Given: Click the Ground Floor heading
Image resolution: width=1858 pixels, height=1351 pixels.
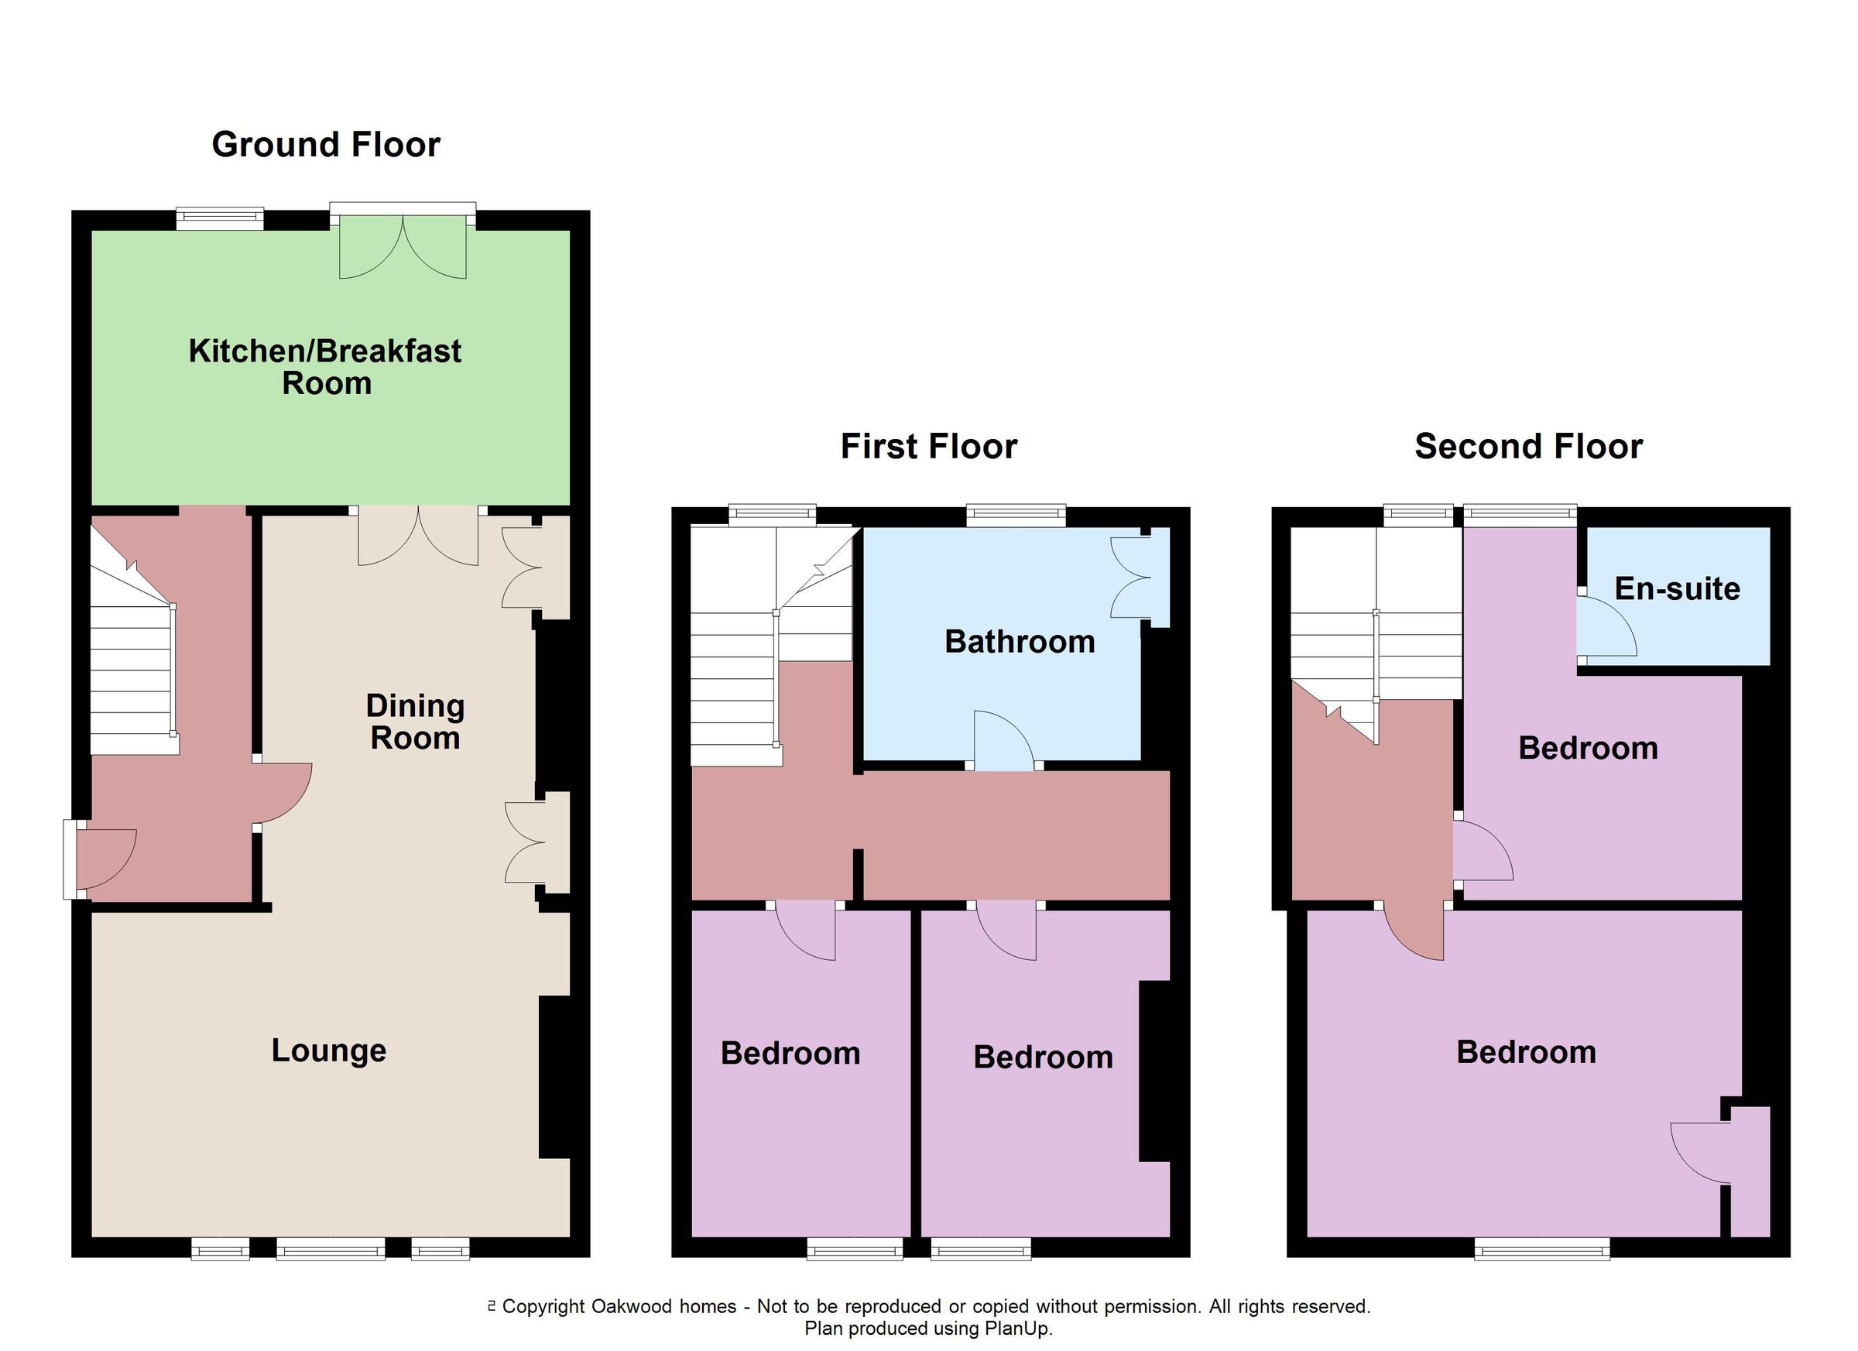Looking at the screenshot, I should (325, 145).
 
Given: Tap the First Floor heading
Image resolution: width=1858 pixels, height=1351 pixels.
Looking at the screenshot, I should (928, 447).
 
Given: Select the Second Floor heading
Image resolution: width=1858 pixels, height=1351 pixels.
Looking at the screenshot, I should (1528, 447).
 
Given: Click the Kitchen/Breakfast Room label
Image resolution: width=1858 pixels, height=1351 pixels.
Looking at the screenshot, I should (325, 367).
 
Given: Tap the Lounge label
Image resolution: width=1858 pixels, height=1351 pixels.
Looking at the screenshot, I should (328, 1051).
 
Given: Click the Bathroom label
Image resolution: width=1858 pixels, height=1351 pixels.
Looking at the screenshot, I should (1019, 642).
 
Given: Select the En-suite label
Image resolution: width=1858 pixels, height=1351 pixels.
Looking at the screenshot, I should (1677, 589).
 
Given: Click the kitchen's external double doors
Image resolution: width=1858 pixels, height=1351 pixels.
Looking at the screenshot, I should (403, 245).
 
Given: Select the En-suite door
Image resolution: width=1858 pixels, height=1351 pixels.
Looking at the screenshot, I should (1606, 628).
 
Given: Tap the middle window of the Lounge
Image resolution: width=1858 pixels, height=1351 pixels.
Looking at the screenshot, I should (330, 1249).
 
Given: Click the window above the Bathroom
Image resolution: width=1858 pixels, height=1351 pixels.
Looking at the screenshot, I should (1016, 516).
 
